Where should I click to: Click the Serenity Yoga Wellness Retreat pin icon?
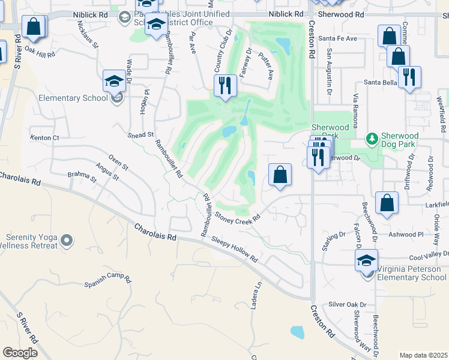coord(67,241)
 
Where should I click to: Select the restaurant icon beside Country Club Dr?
coord(225,85)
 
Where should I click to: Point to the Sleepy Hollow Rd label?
coord(235,249)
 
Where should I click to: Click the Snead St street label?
coord(141,136)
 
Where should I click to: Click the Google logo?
coord(20,353)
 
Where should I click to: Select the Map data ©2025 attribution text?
coord(423,355)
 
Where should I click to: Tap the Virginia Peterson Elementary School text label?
coord(411,273)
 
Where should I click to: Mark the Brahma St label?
coord(82,176)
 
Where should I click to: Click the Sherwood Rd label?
coord(342,13)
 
